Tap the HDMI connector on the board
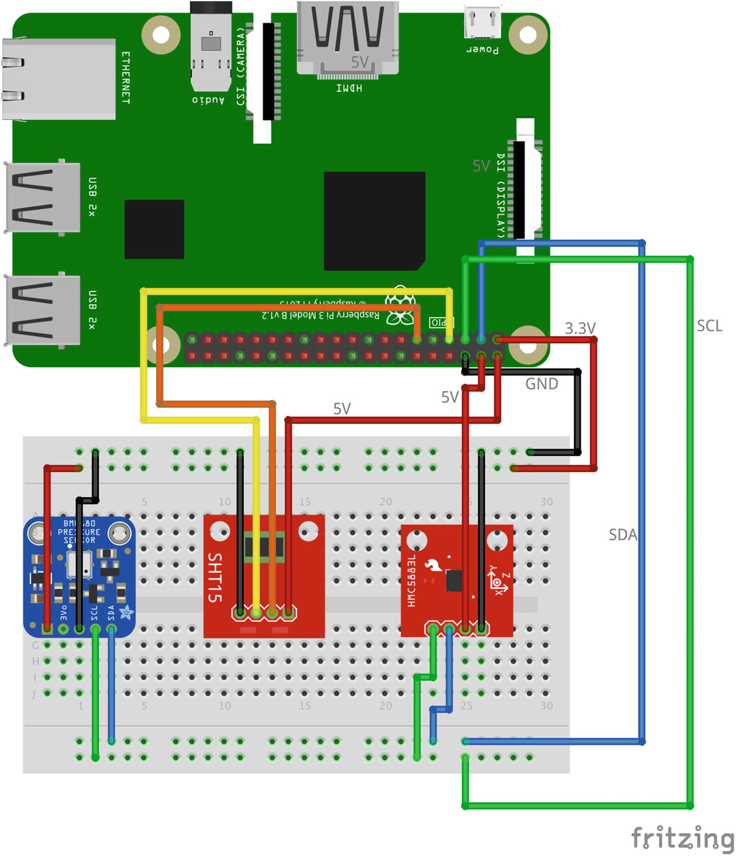coord(347,37)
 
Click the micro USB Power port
coord(482,23)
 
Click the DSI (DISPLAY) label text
coord(500,195)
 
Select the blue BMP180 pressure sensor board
coord(79,575)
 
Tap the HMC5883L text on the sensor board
coord(412,581)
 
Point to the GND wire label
coord(542,384)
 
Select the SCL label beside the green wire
coord(709,326)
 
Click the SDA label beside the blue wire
coord(622,535)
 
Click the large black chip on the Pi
coord(374,221)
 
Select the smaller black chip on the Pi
coord(154,229)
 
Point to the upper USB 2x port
coord(42,197)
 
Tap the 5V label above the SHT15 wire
coord(341,408)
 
